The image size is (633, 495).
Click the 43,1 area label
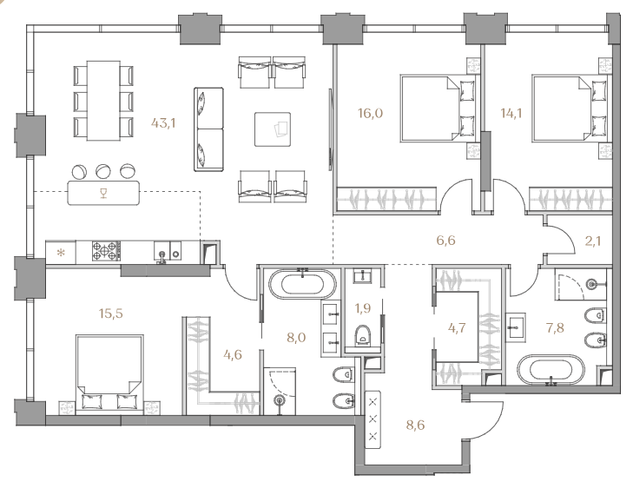[x=163, y=122]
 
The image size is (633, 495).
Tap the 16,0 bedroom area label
[x=370, y=113]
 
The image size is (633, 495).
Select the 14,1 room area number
[x=511, y=113]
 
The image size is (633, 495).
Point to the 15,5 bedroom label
[x=111, y=313]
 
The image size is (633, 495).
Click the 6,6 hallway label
[x=446, y=241]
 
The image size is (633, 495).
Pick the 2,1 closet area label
[x=593, y=241]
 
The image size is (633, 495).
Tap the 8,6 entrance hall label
[x=415, y=426]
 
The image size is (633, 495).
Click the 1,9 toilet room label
[x=363, y=308]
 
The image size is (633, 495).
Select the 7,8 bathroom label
[x=555, y=328]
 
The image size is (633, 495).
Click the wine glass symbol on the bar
[x=103, y=194]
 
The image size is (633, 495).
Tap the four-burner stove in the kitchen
[x=106, y=251]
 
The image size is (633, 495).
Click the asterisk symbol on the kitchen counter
[x=61, y=254]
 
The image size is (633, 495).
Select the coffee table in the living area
[x=273, y=129]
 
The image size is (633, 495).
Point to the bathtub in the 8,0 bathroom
[x=302, y=283]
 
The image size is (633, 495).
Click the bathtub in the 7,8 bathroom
[x=551, y=370]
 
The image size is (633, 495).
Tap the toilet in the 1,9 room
[x=363, y=336]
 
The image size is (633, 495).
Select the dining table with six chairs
[x=103, y=101]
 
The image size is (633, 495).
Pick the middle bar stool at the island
[x=103, y=172]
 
